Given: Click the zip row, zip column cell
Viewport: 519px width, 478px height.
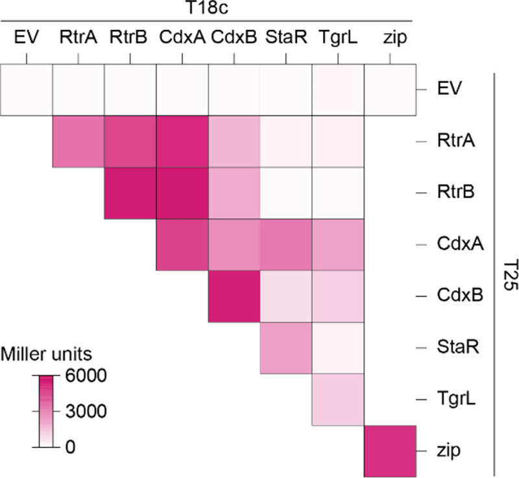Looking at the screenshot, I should pos(390,451).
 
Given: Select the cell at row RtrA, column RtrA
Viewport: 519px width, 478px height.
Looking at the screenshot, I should pos(78,141).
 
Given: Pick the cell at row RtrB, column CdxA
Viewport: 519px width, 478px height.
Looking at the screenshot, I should pos(182,193).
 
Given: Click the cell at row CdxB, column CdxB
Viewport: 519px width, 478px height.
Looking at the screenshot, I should pos(234,297).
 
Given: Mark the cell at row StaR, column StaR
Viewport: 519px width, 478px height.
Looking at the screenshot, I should pos(285,349).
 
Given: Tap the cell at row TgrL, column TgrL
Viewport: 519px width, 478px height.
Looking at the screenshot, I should pos(337,400).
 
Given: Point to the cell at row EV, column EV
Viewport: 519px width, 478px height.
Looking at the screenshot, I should pos(26,90).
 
